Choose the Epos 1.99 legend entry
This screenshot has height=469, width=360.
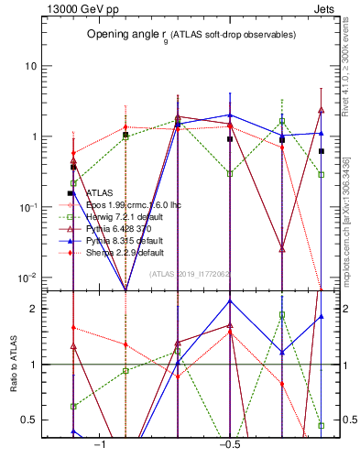[133, 205]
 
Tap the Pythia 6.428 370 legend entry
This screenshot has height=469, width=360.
[118, 229]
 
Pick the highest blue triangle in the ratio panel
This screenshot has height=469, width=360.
[229, 300]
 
